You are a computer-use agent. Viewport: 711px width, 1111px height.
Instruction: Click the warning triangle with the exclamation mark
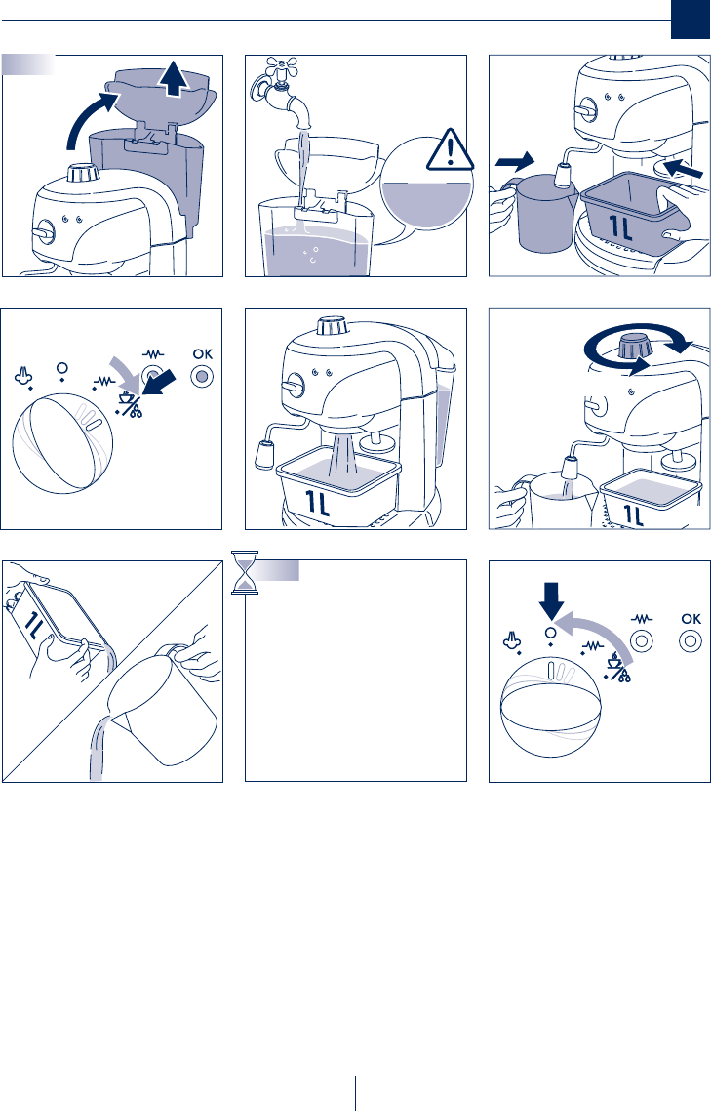coord(449,151)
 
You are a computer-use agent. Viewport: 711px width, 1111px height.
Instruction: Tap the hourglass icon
coord(245,572)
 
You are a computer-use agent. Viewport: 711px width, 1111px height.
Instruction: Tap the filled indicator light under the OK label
coord(202,376)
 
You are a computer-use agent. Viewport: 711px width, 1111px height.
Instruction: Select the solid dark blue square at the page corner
coord(690,20)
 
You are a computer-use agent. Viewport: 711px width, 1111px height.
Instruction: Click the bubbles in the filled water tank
coord(310,255)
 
